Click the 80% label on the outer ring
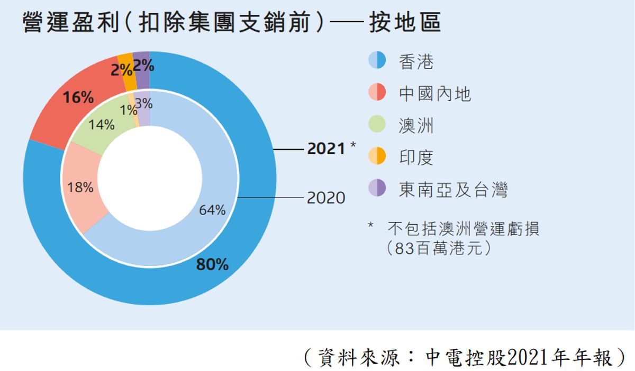point(212,264)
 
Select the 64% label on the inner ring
point(212,210)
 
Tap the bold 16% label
point(78,98)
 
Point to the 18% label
point(80,187)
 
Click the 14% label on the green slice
point(102,125)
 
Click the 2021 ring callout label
point(326,149)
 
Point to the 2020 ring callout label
point(326,198)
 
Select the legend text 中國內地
point(434,94)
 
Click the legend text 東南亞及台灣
point(453,189)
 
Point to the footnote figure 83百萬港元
point(438,248)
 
